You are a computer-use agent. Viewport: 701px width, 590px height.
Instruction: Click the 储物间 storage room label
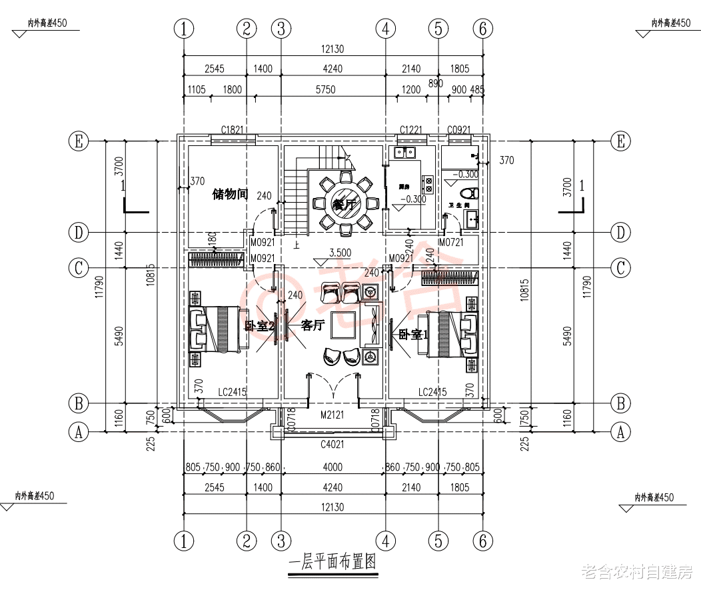(x=230, y=194)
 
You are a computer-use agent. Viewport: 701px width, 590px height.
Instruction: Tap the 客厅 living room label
(x=313, y=325)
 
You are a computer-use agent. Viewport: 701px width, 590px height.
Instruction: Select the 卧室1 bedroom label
(x=412, y=334)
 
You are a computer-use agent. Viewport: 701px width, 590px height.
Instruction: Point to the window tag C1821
(x=233, y=129)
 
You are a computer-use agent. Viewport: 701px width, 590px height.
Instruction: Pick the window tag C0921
(x=460, y=129)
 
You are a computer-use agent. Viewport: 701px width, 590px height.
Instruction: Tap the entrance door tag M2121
(x=332, y=415)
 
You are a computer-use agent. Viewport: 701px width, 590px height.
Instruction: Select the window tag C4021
(x=332, y=444)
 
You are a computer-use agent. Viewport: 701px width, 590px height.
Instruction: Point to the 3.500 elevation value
(x=340, y=253)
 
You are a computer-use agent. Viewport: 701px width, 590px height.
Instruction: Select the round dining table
(x=345, y=203)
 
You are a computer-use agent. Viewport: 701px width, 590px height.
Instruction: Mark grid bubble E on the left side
(x=79, y=141)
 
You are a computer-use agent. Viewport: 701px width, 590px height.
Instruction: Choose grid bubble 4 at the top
(x=385, y=29)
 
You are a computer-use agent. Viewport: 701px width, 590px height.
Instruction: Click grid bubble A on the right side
(x=621, y=432)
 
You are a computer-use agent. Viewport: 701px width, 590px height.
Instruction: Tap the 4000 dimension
(x=332, y=467)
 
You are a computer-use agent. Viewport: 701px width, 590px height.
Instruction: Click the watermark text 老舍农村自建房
(x=637, y=572)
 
